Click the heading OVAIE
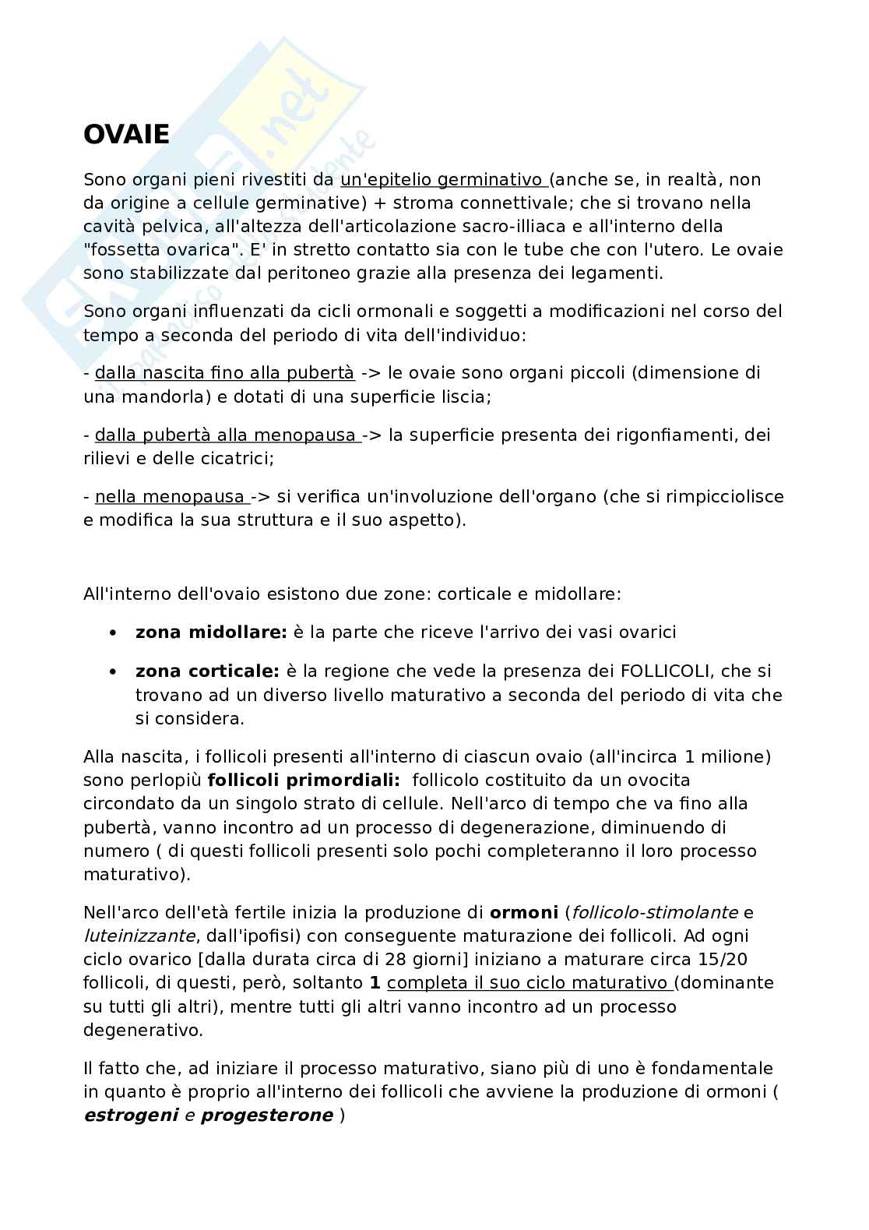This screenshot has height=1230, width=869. point(126,135)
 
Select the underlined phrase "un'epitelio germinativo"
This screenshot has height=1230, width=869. point(442,180)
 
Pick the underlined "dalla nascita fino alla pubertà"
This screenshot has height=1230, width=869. point(224,373)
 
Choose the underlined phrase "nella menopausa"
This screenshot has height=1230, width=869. point(170,497)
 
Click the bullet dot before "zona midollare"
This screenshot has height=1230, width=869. point(114,633)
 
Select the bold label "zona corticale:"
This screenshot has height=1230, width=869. point(207,671)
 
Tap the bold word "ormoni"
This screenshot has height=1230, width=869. point(523,912)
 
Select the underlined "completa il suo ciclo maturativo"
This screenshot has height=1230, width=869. point(529,983)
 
